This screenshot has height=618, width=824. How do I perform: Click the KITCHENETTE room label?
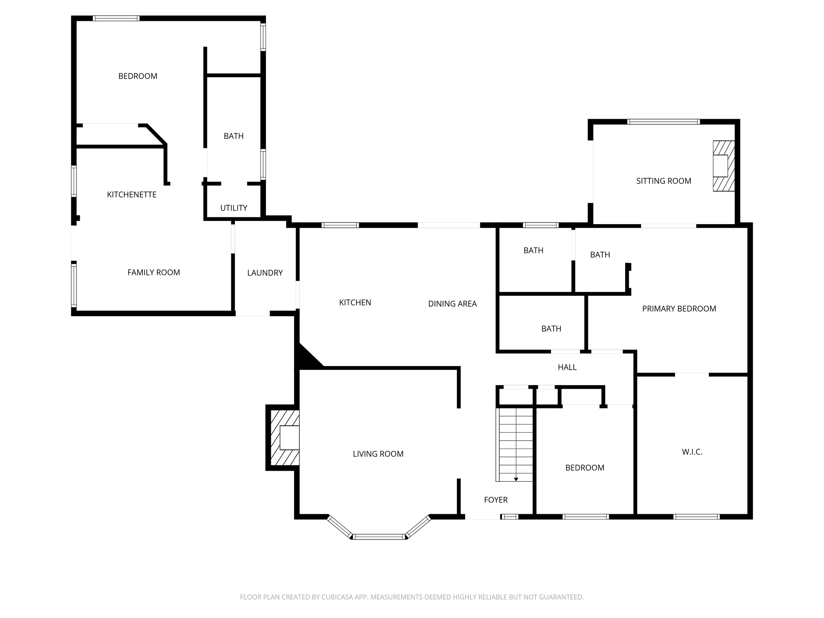tap(132, 195)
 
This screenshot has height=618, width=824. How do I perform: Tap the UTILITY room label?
tap(234, 208)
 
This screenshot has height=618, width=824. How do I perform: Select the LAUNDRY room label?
tap(265, 273)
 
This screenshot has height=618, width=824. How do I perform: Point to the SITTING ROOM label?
tap(663, 181)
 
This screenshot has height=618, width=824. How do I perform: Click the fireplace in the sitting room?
tap(723, 166)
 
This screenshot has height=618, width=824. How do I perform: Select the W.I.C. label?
tap(692, 452)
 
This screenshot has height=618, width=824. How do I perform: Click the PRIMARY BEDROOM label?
tap(679, 309)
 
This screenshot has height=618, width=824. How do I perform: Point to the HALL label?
tap(567, 367)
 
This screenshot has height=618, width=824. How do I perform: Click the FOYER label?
tap(496, 500)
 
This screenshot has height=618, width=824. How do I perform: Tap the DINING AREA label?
tap(452, 304)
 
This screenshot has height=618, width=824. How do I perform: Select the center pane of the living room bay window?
tap(379, 536)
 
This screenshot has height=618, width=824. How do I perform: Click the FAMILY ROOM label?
tap(153, 272)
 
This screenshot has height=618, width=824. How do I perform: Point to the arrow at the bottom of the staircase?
tap(516, 479)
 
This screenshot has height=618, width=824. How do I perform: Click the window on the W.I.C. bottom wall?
tap(696, 517)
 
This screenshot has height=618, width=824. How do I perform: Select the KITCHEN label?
tap(355, 303)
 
